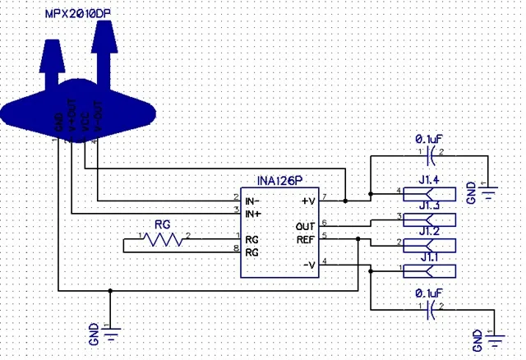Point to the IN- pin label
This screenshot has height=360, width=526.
coord(253,199)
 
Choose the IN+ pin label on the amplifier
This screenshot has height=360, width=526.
coord(253,214)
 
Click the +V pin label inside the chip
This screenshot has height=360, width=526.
coord(308,199)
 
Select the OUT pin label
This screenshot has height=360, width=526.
coord(306,225)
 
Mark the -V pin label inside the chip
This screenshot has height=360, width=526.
coord(308,264)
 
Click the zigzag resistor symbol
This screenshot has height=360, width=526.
coord(164,239)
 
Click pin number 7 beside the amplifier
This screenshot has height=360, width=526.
coord(325,196)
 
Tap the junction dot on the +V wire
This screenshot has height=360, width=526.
coord(345,200)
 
